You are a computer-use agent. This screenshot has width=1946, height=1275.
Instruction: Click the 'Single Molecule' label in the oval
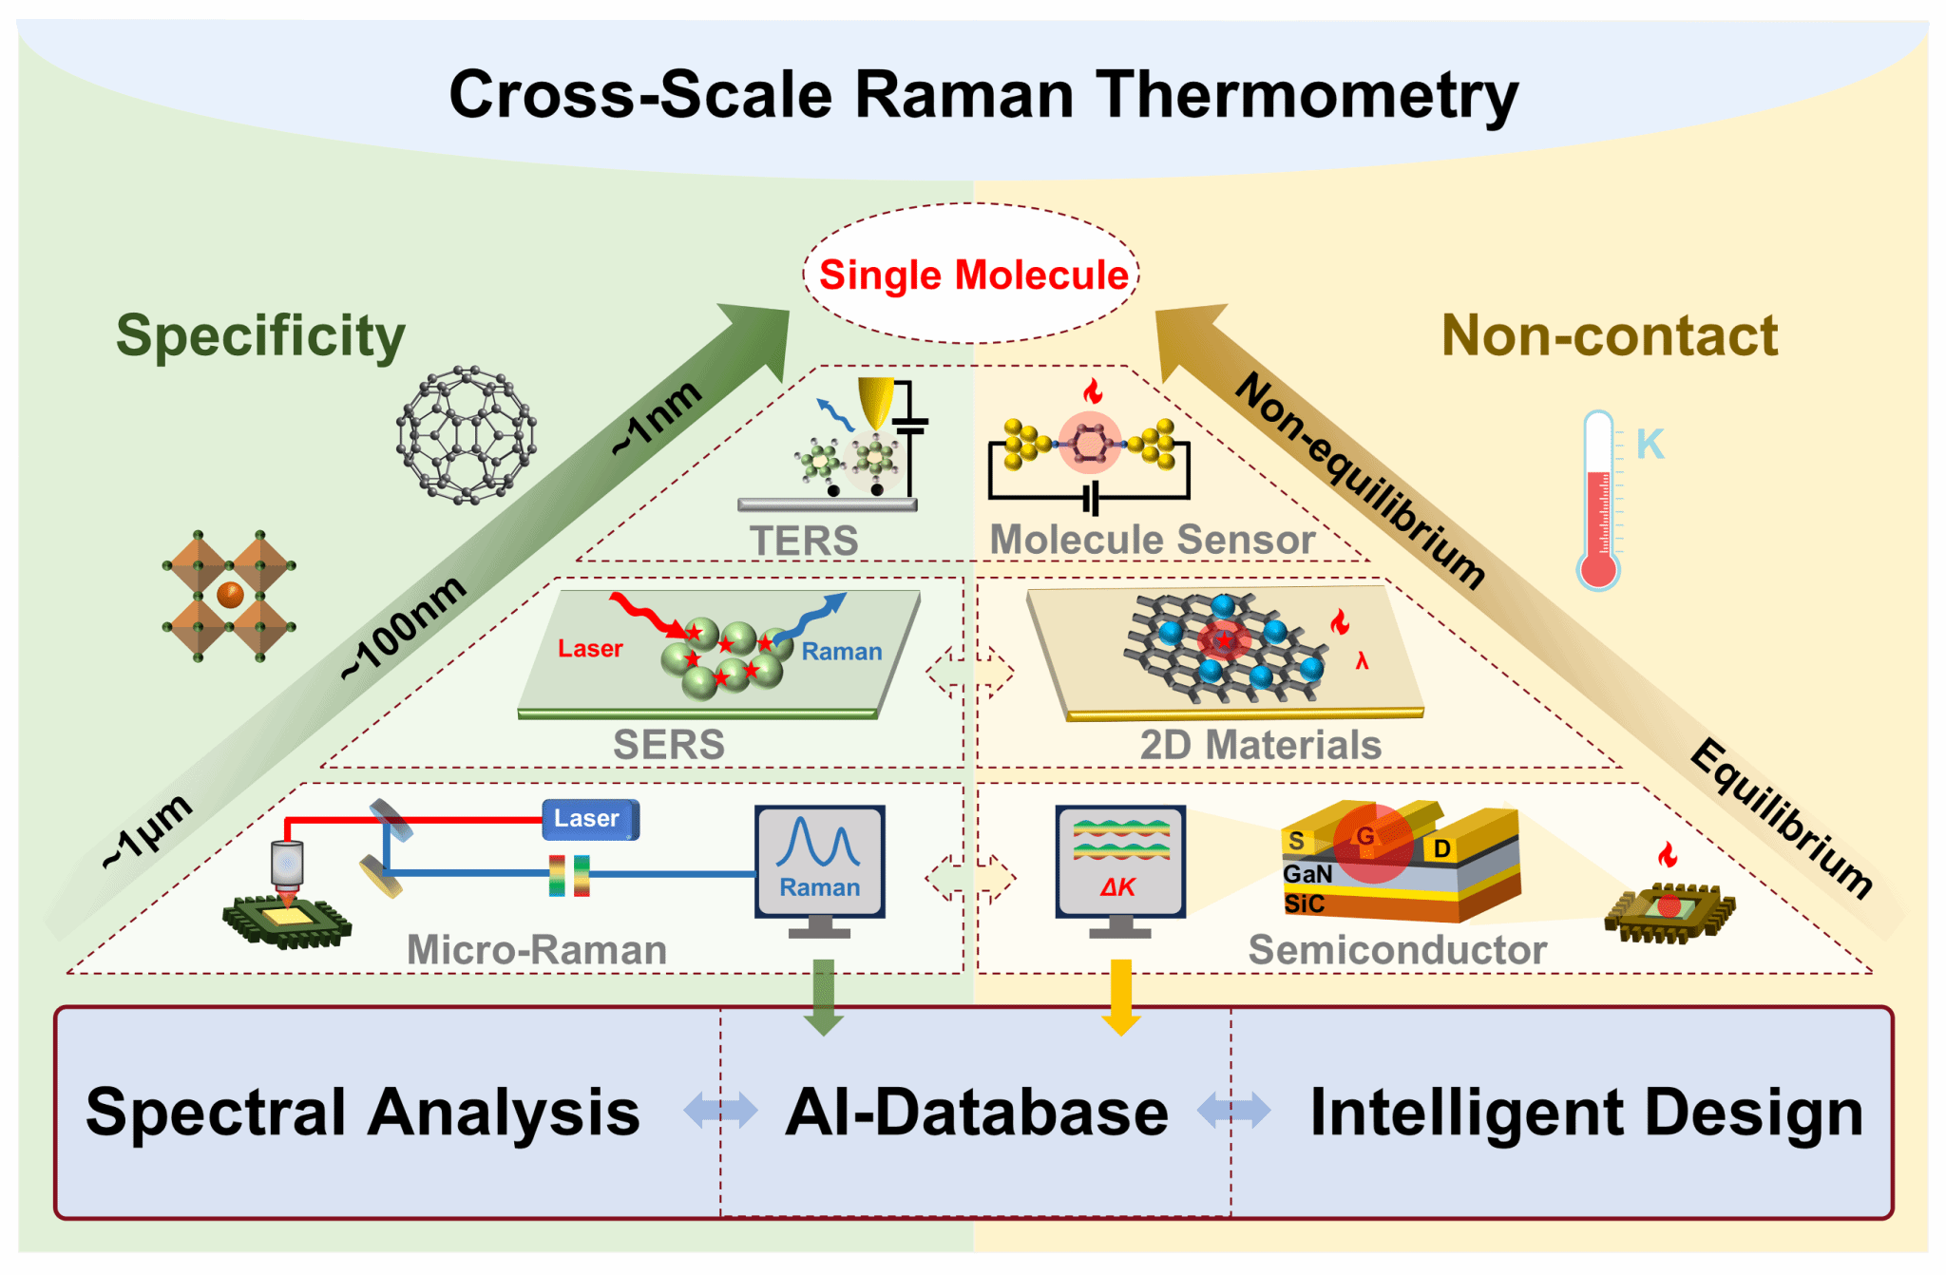click(973, 276)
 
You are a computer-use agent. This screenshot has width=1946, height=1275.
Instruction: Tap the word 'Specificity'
click(260, 336)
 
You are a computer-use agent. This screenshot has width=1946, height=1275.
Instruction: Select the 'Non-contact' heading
click(1609, 336)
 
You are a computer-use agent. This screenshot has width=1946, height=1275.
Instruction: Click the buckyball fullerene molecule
click(466, 435)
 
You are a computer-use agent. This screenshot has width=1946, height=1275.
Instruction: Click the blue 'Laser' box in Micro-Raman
click(589, 819)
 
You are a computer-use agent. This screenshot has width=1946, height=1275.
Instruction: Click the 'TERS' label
click(804, 542)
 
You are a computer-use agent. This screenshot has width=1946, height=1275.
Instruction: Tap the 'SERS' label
click(668, 745)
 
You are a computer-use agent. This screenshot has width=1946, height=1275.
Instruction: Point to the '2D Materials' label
click(1260, 745)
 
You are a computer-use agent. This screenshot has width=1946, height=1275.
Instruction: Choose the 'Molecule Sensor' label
click(1152, 540)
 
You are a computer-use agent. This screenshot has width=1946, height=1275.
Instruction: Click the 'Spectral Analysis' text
click(363, 1113)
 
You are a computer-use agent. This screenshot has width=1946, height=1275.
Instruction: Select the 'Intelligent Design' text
click(1586, 1113)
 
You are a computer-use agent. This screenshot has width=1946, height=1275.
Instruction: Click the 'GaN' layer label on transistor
click(1307, 874)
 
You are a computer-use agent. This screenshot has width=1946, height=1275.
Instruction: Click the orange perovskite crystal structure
click(229, 596)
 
